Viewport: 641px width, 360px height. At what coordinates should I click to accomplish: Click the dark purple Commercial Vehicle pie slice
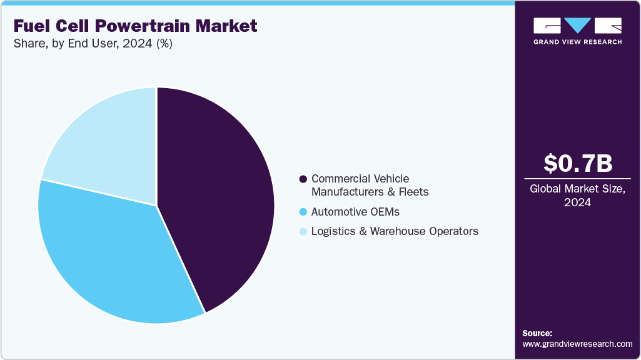(x=219, y=194)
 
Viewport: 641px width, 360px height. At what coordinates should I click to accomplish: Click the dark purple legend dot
(x=303, y=179)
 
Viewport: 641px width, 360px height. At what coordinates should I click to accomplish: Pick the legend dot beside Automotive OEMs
(x=303, y=211)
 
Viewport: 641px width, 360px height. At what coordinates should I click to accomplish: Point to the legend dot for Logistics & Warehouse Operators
(x=303, y=231)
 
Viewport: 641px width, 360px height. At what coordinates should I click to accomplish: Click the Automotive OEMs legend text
(x=355, y=211)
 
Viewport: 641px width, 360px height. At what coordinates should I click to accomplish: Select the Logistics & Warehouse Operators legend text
(x=395, y=231)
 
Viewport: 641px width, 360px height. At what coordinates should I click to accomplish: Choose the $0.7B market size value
(x=577, y=163)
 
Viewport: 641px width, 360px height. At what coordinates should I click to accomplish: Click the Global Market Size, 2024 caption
(x=577, y=196)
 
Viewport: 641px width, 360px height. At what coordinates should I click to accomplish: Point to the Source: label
(x=537, y=333)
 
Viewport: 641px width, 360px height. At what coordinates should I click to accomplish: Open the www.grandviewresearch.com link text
(x=577, y=344)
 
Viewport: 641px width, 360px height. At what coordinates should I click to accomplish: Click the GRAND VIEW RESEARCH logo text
(x=577, y=42)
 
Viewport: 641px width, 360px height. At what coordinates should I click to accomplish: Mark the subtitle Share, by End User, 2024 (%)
(x=93, y=44)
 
